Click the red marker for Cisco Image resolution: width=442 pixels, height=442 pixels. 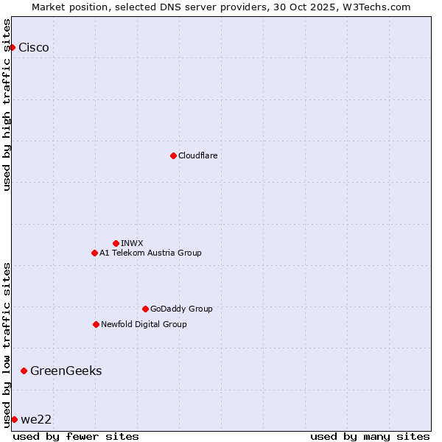(12, 48)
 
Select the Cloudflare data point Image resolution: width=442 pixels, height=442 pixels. (173, 155)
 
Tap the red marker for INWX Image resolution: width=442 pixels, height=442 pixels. (116, 243)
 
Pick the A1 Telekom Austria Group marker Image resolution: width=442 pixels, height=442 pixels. (94, 253)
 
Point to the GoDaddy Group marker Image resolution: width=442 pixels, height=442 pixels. (145, 309)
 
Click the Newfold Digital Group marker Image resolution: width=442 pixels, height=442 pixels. (96, 324)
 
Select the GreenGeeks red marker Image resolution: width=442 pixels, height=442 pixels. (24, 371)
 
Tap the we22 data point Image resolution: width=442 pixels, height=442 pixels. (14, 419)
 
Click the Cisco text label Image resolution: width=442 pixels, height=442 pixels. (34, 48)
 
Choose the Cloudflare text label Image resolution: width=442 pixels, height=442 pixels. (197, 155)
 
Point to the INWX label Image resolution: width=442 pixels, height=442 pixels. (132, 243)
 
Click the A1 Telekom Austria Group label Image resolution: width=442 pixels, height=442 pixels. (150, 253)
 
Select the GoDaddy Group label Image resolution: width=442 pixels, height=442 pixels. (181, 309)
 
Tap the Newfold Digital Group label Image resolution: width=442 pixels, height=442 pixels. (144, 324)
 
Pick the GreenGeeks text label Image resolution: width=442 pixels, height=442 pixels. (66, 371)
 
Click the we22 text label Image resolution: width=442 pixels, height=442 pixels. (36, 419)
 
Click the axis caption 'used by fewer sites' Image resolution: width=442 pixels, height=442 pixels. (76, 436)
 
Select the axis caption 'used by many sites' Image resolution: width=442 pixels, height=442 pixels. (370, 436)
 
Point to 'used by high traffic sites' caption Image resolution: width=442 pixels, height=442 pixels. (7, 105)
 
